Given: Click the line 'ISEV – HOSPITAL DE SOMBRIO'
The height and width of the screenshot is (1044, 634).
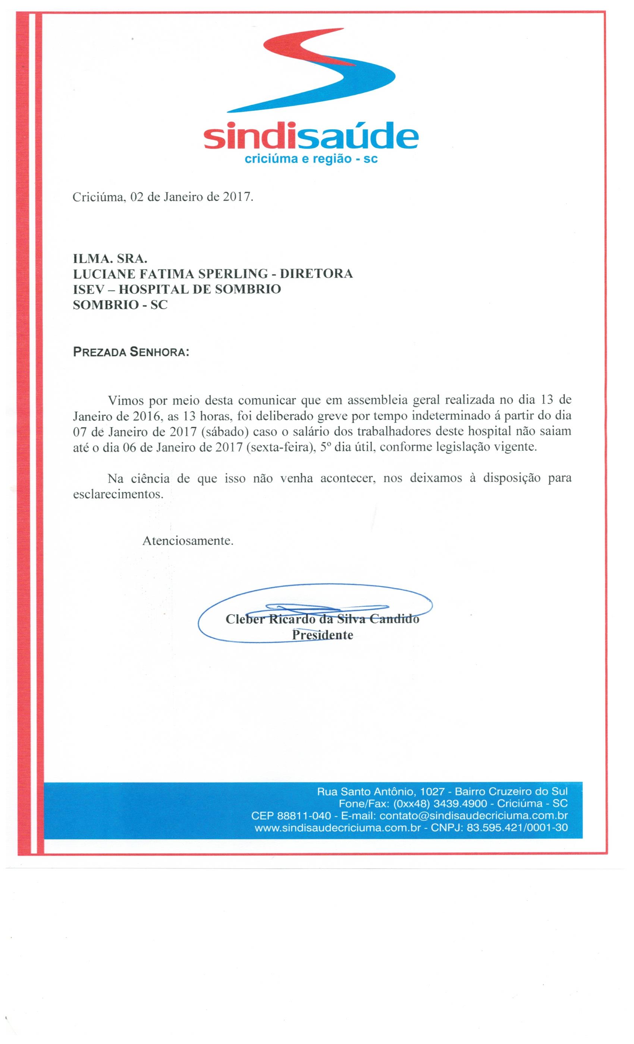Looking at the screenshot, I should point(177,289).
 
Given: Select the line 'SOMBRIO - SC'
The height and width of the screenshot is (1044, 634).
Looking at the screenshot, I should point(120,305).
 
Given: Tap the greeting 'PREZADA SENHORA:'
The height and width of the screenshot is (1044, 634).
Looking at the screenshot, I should point(131,352).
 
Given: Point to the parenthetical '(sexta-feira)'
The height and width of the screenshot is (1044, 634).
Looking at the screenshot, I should point(279,447).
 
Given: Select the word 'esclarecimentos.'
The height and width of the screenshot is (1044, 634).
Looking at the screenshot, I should point(118,494).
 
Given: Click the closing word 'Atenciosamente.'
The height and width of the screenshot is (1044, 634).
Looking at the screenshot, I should point(188,541).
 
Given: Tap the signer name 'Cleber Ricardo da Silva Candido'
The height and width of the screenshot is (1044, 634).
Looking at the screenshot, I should point(322,619).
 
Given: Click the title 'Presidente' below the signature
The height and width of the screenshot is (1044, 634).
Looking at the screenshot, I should point(322,635).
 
